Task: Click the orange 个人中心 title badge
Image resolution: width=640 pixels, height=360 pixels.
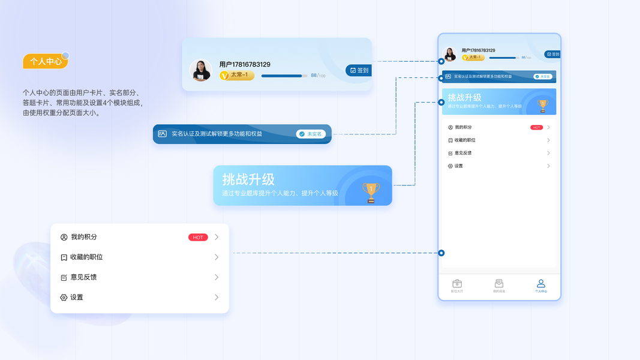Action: [45, 61]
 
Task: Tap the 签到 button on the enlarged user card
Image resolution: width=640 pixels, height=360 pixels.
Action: [359, 70]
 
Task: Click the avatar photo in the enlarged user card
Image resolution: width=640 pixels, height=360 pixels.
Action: [200, 70]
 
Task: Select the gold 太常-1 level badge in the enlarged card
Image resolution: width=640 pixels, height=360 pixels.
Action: [237, 75]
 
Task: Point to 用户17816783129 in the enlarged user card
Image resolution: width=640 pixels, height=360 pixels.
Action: [245, 64]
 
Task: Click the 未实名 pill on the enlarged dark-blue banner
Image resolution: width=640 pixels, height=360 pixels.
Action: [311, 134]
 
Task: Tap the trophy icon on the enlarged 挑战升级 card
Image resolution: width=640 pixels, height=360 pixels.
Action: [371, 192]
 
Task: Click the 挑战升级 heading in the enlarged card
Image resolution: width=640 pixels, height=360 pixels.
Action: [248, 179]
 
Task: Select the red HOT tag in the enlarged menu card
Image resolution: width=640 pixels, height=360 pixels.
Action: [198, 237]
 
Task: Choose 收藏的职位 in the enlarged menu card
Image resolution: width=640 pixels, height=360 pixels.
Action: [86, 257]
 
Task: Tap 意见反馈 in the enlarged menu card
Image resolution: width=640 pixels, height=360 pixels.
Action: [83, 277]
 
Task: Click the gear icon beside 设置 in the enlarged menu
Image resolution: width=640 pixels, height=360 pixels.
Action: [64, 298]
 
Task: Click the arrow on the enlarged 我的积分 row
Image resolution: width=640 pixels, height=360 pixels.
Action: [217, 237]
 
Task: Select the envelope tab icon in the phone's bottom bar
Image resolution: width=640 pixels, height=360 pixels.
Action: [499, 284]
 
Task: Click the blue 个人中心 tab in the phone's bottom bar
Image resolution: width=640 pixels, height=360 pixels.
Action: [541, 286]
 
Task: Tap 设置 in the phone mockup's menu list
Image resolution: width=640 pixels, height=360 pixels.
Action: [458, 166]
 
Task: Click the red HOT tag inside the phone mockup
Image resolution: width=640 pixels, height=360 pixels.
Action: [536, 127]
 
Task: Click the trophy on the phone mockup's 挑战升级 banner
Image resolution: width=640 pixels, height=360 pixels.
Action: [542, 105]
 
